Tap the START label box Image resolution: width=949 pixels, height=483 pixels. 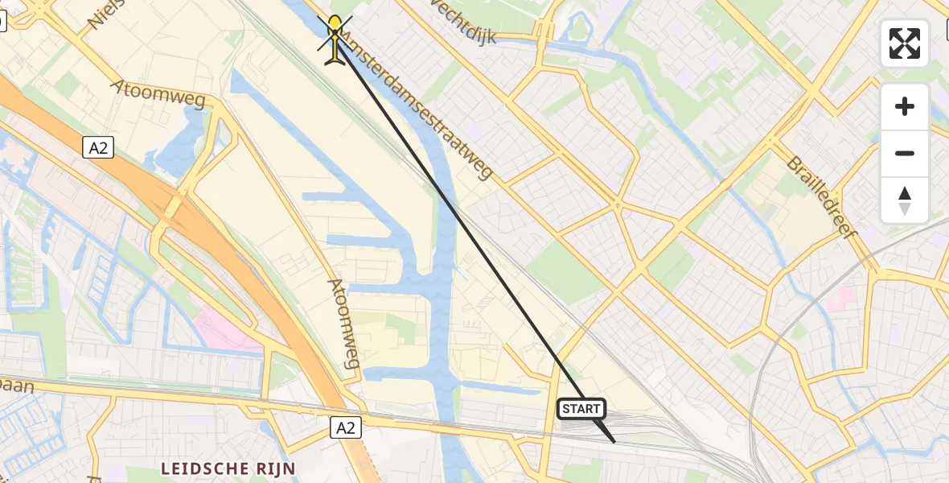point(581,409)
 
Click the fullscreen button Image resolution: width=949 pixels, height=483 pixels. point(905,43)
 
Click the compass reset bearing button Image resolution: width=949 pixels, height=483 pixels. point(905,200)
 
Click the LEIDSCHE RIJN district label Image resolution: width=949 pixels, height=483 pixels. point(228,468)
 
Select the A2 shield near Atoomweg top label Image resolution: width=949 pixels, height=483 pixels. point(97,147)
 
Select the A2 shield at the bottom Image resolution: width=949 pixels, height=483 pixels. point(346,428)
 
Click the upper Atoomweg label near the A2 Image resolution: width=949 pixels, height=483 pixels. point(159,94)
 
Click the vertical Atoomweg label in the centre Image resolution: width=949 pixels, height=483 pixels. point(343,323)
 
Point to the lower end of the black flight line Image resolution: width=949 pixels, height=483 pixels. point(614,441)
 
